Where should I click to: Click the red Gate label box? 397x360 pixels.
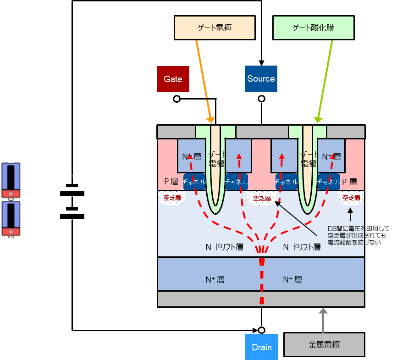(173, 79)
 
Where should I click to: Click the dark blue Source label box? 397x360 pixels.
(261, 79)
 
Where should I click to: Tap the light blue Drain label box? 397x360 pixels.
(261, 347)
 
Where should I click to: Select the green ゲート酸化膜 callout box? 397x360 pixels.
(313, 28)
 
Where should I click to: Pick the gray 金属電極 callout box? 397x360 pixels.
(324, 344)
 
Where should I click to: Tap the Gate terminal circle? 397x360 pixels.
(176, 99)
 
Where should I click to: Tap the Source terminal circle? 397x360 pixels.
(261, 99)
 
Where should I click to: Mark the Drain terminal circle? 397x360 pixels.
(261, 330)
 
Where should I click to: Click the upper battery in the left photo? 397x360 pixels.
(11, 180)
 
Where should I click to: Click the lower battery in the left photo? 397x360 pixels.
(11, 218)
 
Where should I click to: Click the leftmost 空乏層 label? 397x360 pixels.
(172, 198)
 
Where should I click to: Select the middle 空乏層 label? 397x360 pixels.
(262, 198)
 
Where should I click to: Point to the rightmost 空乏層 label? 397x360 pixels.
(351, 198)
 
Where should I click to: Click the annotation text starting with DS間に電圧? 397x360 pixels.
(357, 235)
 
